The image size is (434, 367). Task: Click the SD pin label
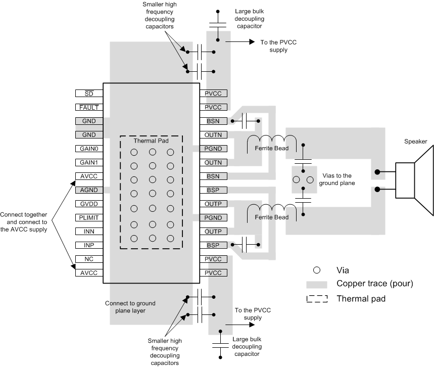(89, 94)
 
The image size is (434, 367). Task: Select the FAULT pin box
(89, 108)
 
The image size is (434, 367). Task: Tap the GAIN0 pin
(89, 149)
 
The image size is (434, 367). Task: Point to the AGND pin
(89, 191)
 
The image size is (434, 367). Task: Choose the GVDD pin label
(89, 204)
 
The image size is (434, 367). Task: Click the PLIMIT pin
(89, 218)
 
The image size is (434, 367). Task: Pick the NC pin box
(89, 259)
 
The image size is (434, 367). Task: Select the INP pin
(89, 246)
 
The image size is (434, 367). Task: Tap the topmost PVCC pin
(214, 94)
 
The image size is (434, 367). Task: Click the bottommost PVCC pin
(214, 273)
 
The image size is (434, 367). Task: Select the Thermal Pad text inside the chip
(151, 142)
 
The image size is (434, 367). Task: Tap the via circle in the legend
(317, 270)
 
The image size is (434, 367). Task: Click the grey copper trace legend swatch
(317, 284)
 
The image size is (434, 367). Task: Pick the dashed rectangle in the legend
(317, 299)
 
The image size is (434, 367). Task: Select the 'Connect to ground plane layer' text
(130, 307)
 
